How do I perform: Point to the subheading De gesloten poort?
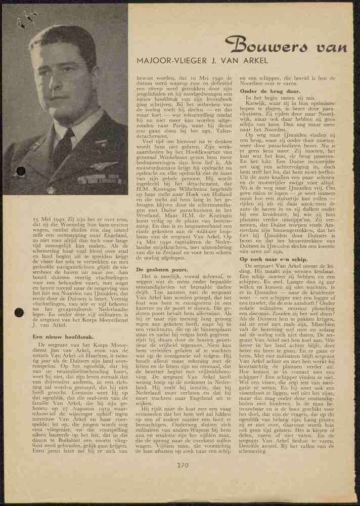(x=159, y=271)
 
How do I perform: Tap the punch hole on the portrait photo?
(x=21, y=171)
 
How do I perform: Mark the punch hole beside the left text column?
(x=19, y=312)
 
